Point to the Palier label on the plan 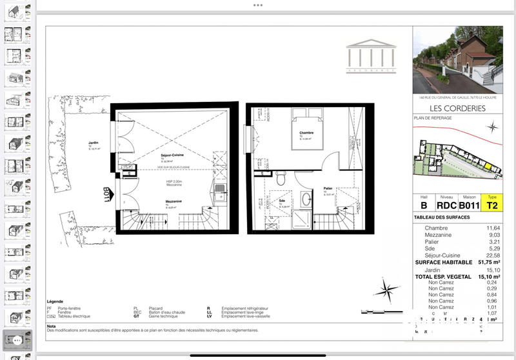pos(328,189)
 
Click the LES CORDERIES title pos(456,108)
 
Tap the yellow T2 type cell pos(492,206)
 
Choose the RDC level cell pos(445,206)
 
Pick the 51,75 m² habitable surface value pos(489,263)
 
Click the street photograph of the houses pos(456,59)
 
